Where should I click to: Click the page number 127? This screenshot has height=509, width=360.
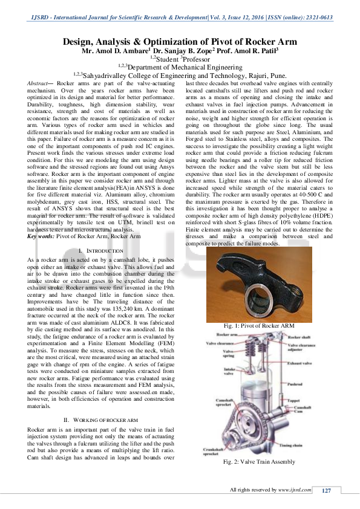[x=326, y=490]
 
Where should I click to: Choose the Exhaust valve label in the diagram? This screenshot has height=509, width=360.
[x=299, y=364]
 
